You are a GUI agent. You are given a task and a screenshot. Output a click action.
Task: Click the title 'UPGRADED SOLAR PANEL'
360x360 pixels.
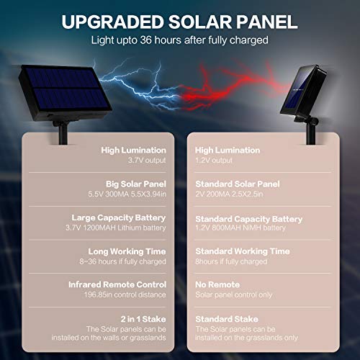(x=179, y=21)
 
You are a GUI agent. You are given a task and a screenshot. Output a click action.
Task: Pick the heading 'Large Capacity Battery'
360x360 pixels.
(x=118, y=217)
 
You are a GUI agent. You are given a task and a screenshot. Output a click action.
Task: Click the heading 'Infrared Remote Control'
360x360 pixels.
(x=117, y=284)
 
